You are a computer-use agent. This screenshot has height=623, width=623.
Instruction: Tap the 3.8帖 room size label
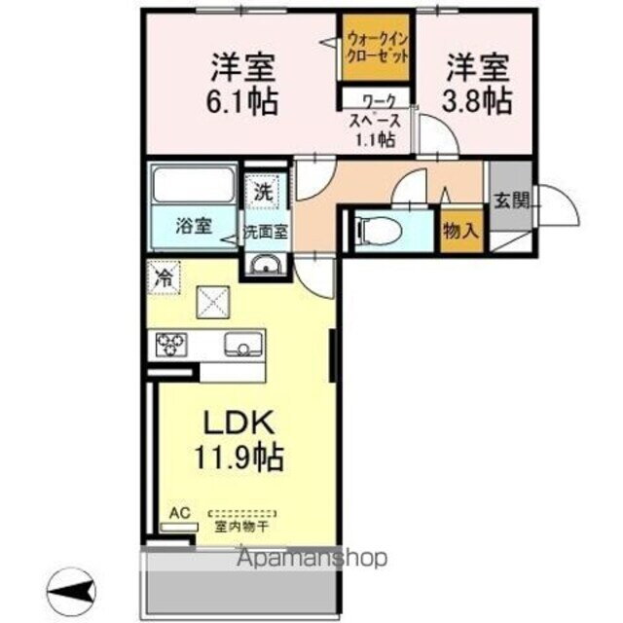click(479, 99)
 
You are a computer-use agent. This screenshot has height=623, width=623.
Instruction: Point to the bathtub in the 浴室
click(194, 184)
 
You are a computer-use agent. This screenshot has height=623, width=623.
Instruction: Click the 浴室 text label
click(194, 226)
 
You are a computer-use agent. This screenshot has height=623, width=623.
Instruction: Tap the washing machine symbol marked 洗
click(262, 190)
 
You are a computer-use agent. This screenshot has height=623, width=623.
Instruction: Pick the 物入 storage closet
click(459, 232)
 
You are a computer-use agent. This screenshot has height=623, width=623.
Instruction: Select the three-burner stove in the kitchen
click(171, 344)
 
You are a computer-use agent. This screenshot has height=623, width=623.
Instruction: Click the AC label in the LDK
click(179, 512)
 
